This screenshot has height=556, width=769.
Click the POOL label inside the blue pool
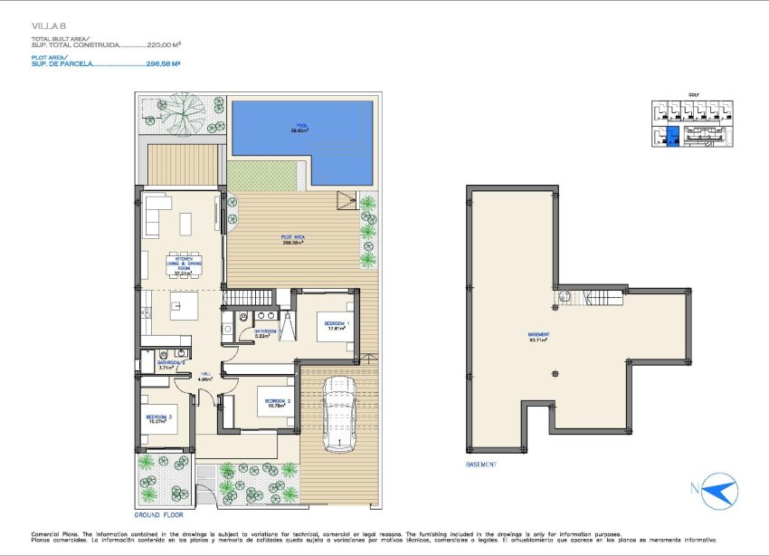[x=301, y=127]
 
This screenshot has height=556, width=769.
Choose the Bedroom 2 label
[x=276, y=402]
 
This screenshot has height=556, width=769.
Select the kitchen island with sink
[x=179, y=302]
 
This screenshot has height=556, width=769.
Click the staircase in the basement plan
[x=601, y=296]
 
